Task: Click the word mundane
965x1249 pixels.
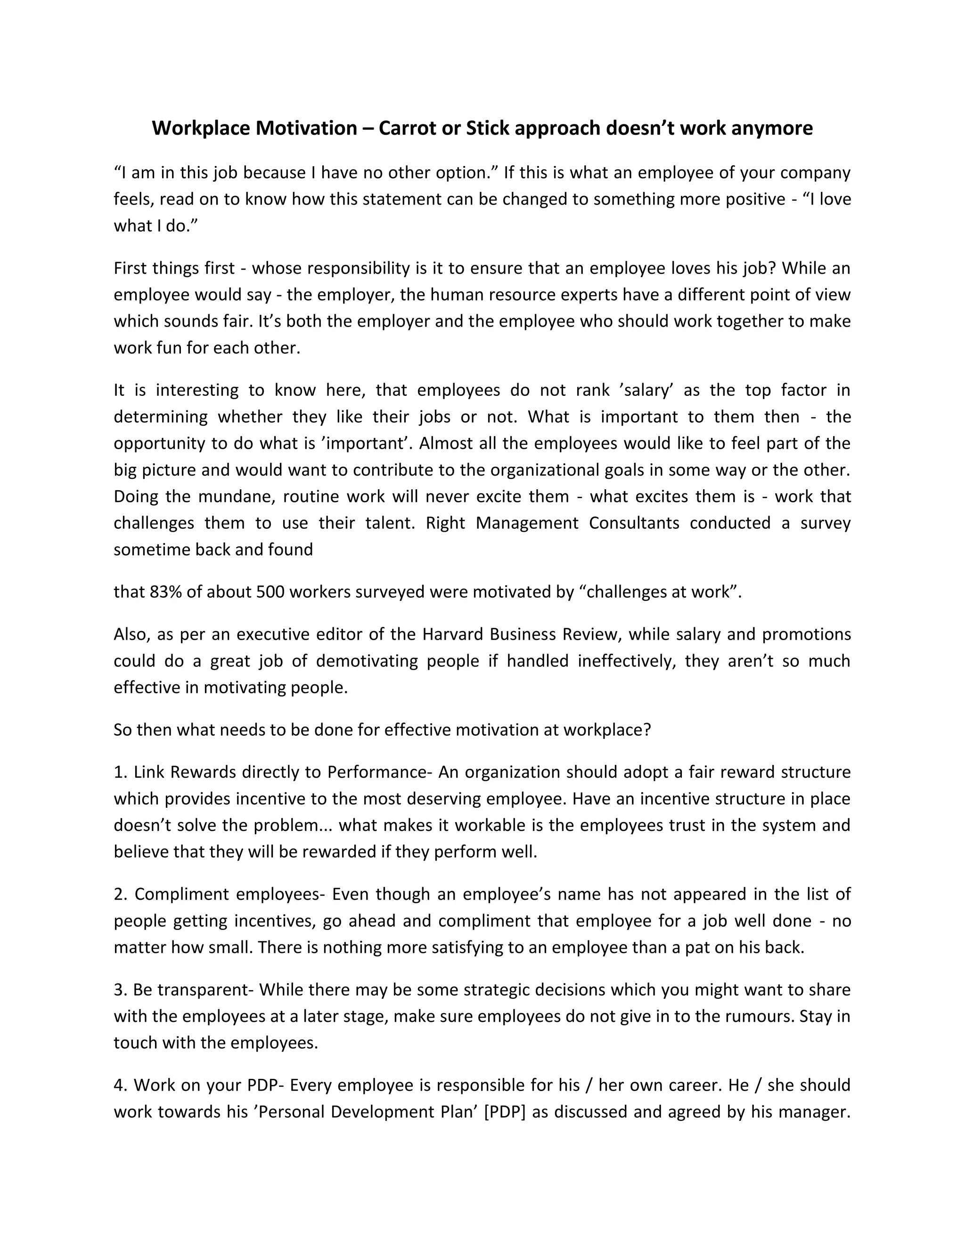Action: point(231,496)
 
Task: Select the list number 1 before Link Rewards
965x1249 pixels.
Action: point(120,772)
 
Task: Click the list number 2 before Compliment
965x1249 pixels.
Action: point(120,894)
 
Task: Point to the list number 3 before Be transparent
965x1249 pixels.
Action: point(120,989)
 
